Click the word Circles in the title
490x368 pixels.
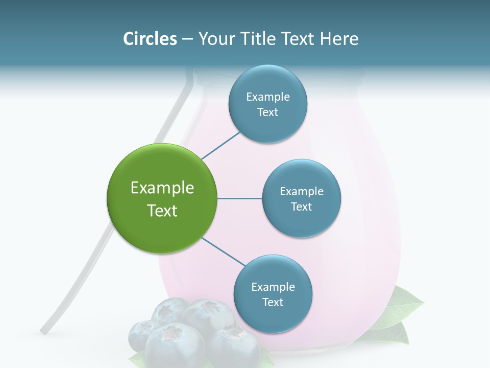[150, 39]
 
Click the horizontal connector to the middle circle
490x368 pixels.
[239, 198]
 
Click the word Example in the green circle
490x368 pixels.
[162, 188]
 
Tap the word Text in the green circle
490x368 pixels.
[162, 211]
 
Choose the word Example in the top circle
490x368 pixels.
[268, 97]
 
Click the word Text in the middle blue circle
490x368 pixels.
[301, 207]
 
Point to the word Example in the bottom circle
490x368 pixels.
[273, 287]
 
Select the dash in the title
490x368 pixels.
[187, 39]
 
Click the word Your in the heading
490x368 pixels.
[214, 39]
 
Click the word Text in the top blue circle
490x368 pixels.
[267, 112]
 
